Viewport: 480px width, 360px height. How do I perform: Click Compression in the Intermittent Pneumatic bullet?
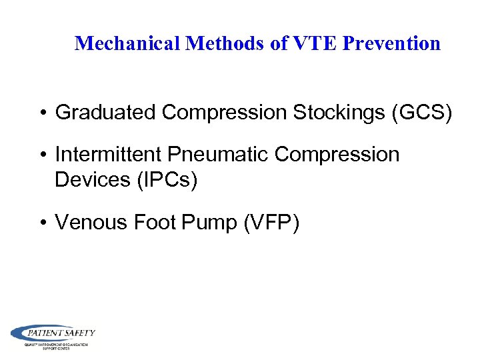point(337,155)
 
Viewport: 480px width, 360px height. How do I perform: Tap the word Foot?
point(153,223)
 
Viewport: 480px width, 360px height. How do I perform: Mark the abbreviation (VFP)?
point(271,223)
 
